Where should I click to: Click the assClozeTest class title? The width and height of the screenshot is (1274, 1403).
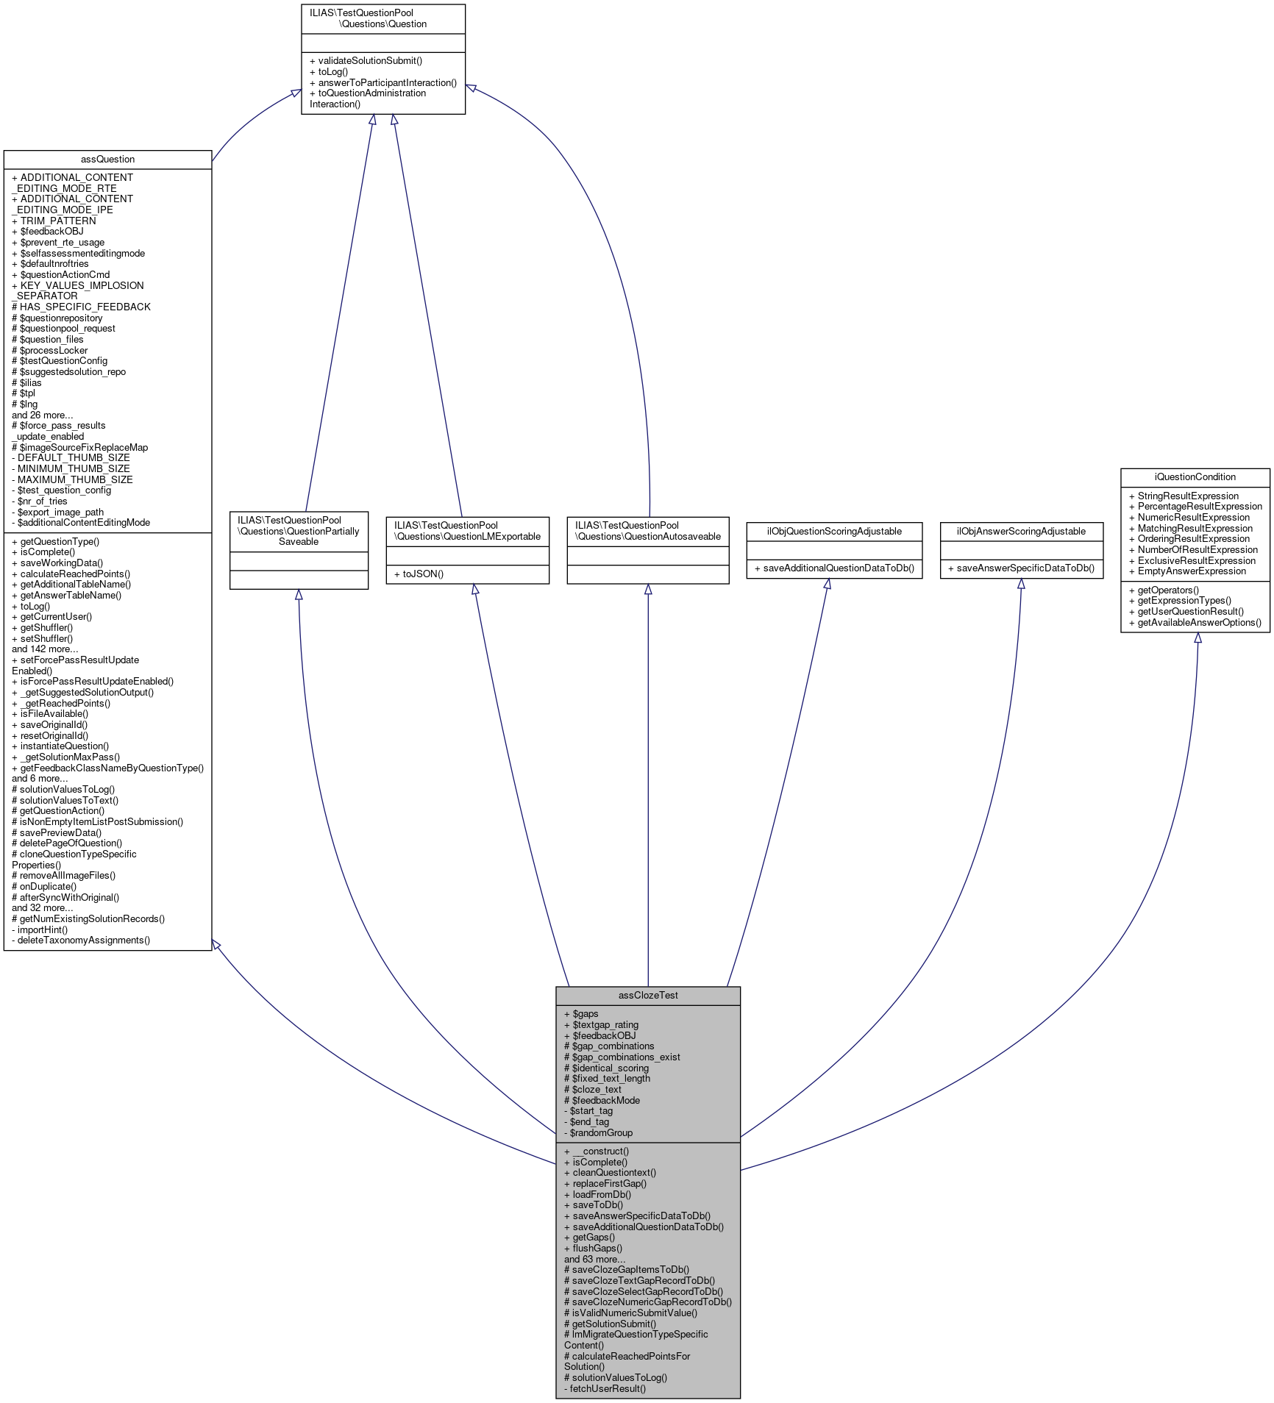pyautogui.click(x=648, y=995)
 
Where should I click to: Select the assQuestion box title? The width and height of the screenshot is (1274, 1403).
pyautogui.click(x=107, y=159)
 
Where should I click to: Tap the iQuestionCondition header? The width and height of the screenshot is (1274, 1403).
pyautogui.click(x=1195, y=476)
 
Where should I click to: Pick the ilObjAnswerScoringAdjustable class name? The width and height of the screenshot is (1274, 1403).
pyautogui.click(x=1021, y=531)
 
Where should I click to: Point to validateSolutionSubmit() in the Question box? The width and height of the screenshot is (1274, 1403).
pyautogui.click(x=366, y=60)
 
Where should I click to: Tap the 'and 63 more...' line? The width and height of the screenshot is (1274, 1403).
pyautogui.click(x=595, y=1259)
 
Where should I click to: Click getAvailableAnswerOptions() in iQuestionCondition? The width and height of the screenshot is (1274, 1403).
pyautogui.click(x=1195, y=622)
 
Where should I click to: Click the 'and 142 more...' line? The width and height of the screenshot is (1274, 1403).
pyautogui.click(x=45, y=649)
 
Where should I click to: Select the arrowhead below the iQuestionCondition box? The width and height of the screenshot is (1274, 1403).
pyautogui.click(x=1198, y=638)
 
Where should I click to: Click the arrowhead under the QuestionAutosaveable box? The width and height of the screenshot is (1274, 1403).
pyautogui.click(x=648, y=590)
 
